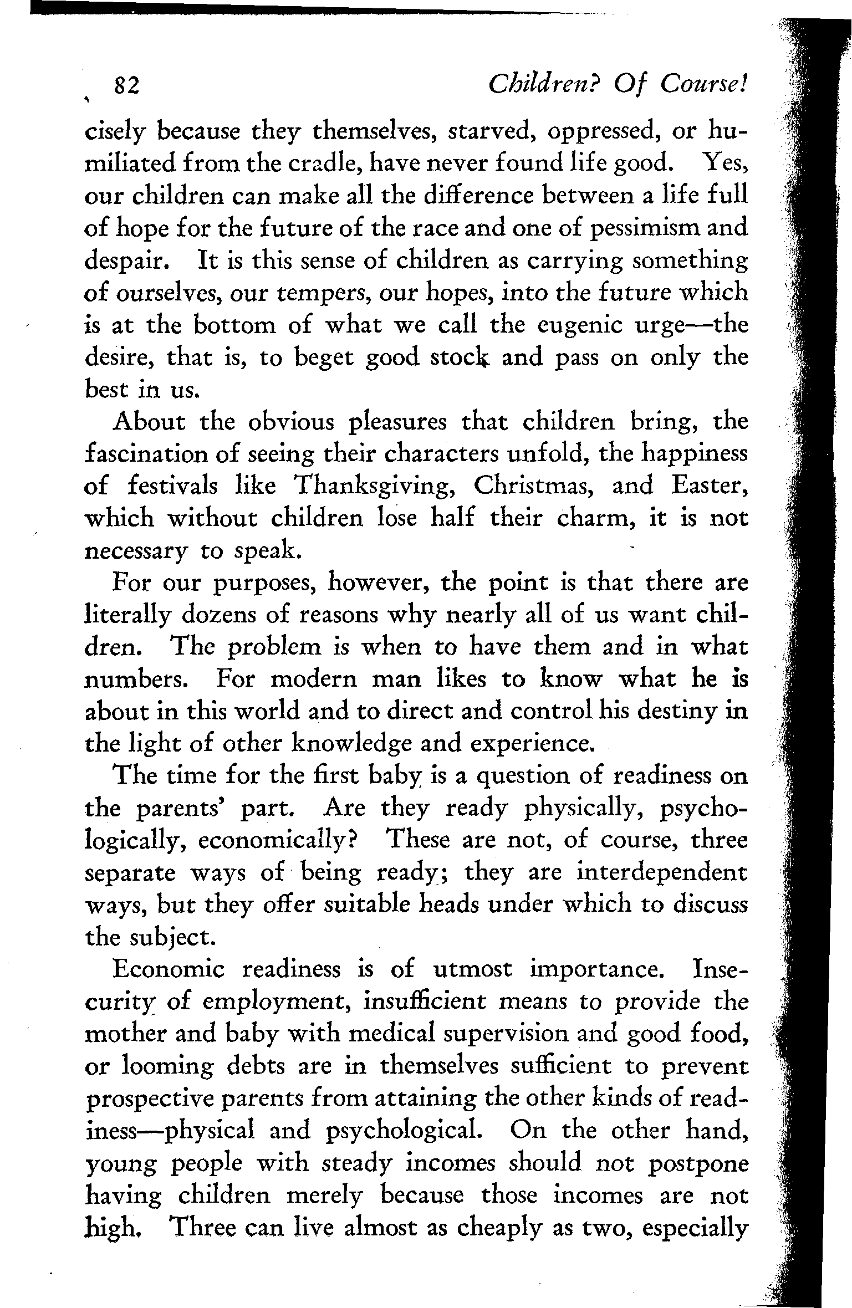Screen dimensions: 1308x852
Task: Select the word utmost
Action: tap(472, 969)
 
